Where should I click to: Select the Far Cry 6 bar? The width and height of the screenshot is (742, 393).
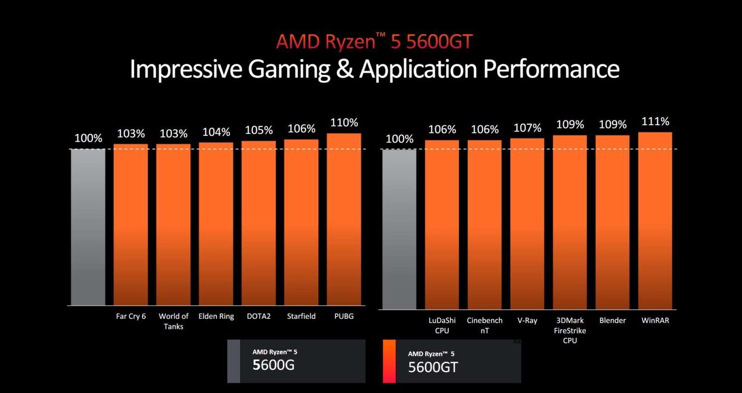click(x=131, y=224)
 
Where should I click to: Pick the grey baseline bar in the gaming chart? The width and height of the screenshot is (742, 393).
click(x=88, y=227)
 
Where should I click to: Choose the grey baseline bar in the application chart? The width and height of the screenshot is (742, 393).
click(x=399, y=229)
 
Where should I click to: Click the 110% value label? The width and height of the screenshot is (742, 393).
click(x=344, y=123)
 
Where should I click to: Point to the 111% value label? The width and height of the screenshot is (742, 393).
click(x=655, y=121)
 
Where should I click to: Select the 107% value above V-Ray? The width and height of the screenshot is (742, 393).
click(x=527, y=128)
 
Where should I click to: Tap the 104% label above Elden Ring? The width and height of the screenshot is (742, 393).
click(x=216, y=132)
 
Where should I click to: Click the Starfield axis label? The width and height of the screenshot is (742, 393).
click(x=301, y=316)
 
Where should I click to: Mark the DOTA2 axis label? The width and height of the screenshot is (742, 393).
click(x=258, y=316)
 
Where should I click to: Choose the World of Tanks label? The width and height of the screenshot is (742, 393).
click(x=173, y=321)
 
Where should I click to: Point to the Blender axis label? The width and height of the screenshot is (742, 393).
click(x=612, y=320)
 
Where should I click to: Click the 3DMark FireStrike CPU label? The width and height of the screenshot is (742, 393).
click(x=570, y=330)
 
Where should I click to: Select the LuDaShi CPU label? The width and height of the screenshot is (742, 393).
click(x=442, y=325)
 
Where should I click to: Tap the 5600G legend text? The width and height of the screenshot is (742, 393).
click(x=274, y=365)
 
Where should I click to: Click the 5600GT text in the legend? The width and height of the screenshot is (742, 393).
click(x=433, y=368)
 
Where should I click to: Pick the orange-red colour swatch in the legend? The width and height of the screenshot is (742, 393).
click(x=389, y=361)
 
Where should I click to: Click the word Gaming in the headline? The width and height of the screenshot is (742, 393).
click(x=289, y=70)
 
